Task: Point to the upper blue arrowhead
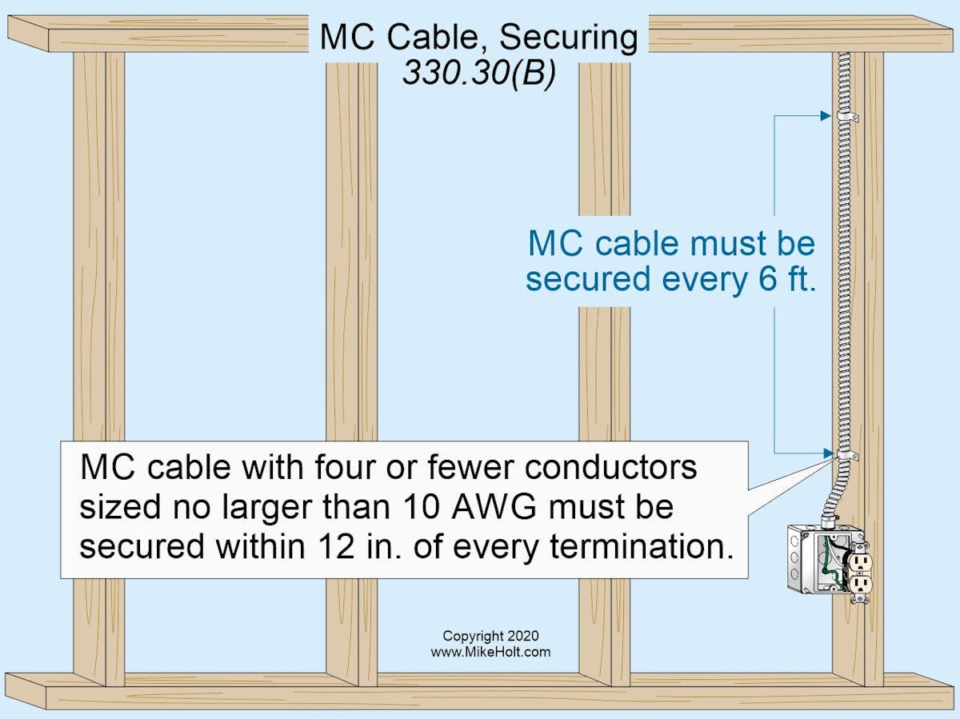click(x=826, y=116)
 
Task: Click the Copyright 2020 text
click(x=490, y=637)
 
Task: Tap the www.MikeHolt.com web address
click(x=490, y=652)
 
